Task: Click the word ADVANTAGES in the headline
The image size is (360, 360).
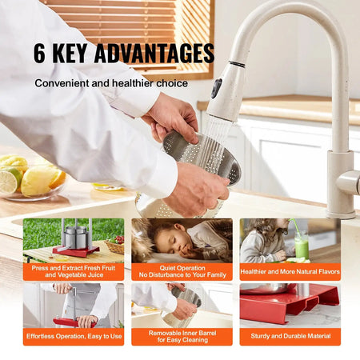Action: (154, 54)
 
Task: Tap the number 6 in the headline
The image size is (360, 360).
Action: (40, 54)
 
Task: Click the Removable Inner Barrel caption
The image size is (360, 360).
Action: (182, 337)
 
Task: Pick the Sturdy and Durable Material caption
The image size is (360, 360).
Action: (290, 337)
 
